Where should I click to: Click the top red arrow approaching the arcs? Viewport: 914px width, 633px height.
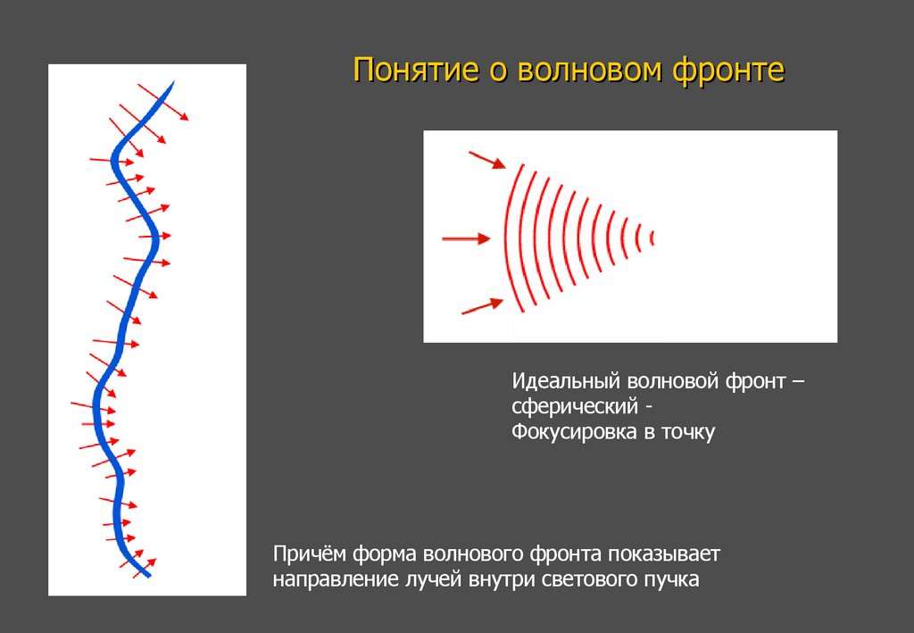[486, 160]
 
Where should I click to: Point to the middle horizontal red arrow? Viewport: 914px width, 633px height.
[467, 238]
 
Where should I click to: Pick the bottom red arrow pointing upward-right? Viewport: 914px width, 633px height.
[481, 306]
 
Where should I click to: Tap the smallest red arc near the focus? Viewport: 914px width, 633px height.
[652, 237]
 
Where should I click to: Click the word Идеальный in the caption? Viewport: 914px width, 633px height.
[567, 382]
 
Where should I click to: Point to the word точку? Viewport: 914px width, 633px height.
[688, 433]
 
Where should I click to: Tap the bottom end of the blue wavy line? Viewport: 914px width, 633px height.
[147, 575]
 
